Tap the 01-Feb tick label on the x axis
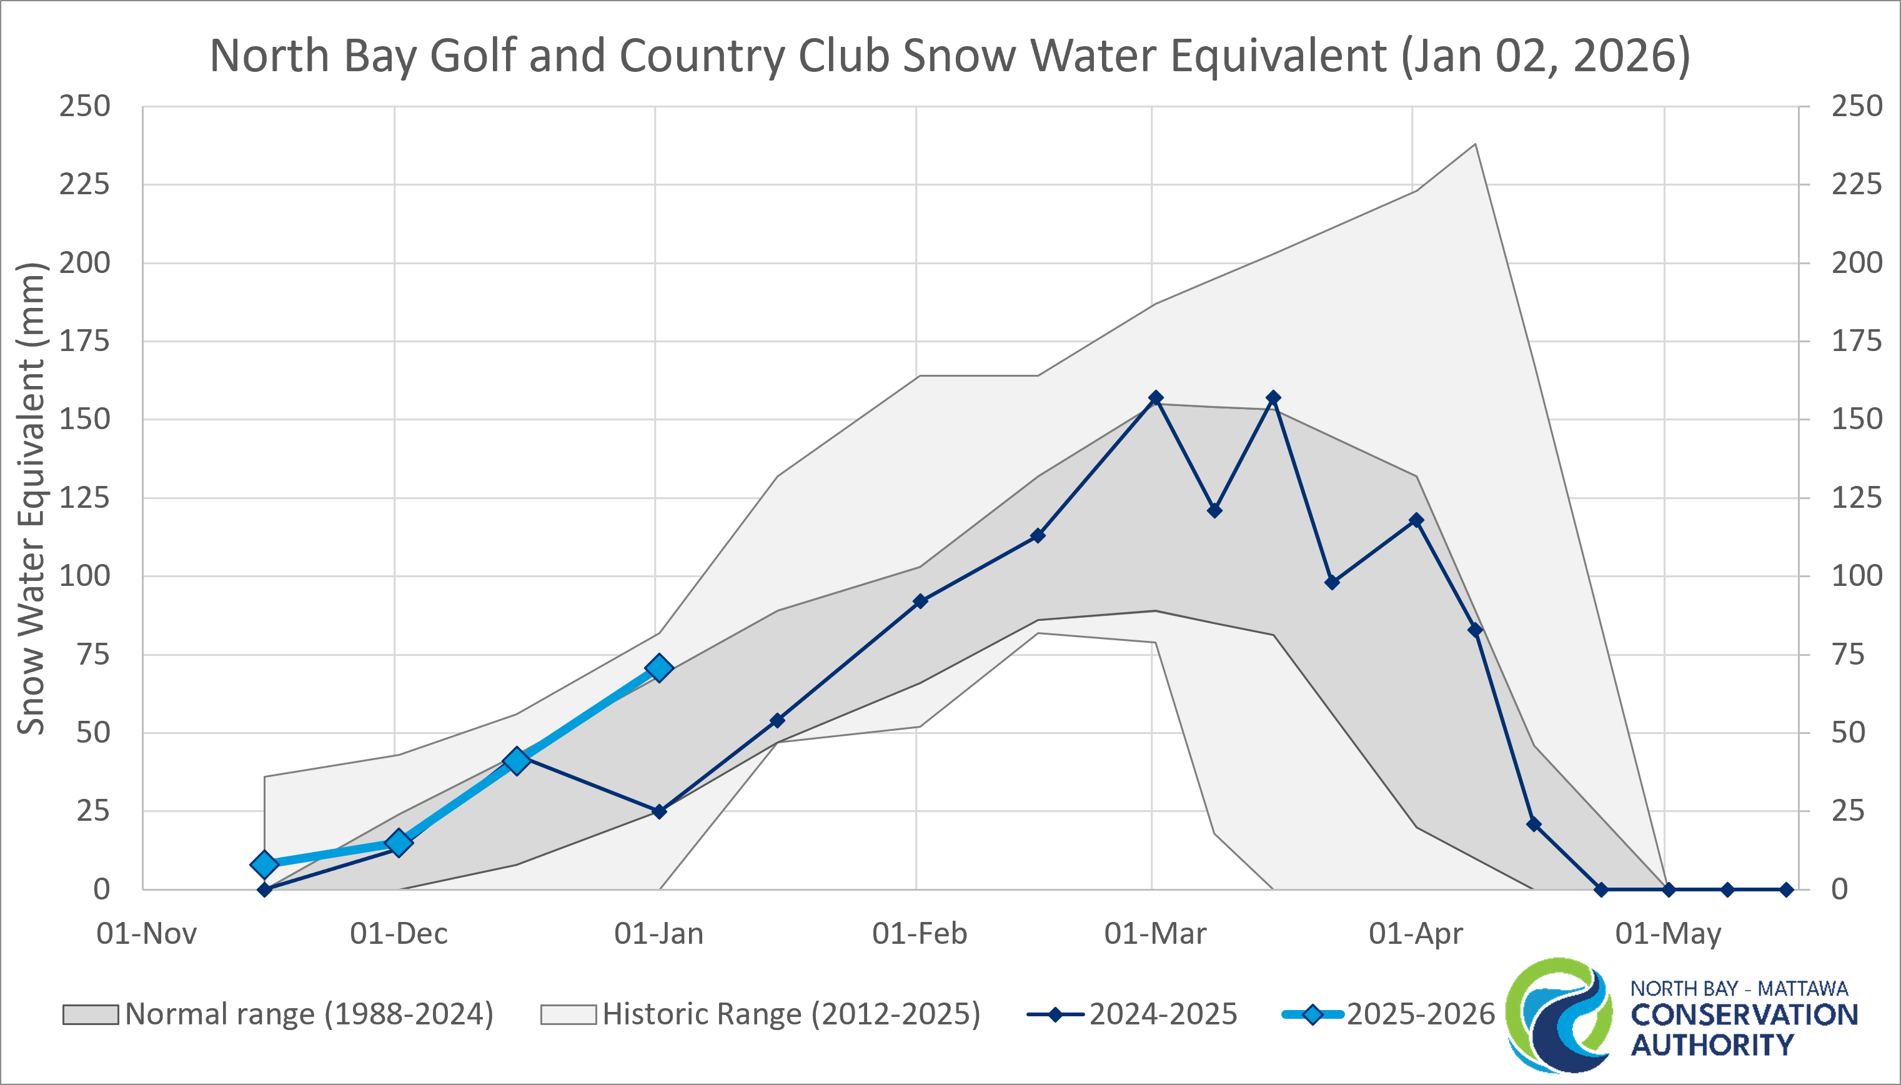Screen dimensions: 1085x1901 [x=920, y=934]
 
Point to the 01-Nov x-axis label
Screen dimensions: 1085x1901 [x=147, y=934]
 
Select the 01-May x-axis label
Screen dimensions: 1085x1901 [x=1669, y=934]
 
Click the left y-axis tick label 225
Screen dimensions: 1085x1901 [x=84, y=184]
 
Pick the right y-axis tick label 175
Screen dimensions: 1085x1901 [x=1856, y=341]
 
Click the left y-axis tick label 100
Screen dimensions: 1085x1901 [x=84, y=576]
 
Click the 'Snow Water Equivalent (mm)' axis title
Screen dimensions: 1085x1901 [x=31, y=498]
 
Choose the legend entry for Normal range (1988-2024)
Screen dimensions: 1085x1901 [x=278, y=1014]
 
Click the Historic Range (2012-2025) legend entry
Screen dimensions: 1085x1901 [x=760, y=1014]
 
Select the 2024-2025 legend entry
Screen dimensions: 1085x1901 [x=1132, y=1014]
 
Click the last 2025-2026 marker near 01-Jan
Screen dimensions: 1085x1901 [x=658, y=668]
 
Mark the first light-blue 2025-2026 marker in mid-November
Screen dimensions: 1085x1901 [x=264, y=865]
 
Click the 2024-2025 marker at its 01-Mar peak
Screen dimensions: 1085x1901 [x=1156, y=398]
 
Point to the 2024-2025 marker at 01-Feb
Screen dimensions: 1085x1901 [x=920, y=601]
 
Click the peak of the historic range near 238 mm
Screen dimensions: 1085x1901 [x=1475, y=144]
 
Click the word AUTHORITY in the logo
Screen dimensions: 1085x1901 [x=1712, y=1046]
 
